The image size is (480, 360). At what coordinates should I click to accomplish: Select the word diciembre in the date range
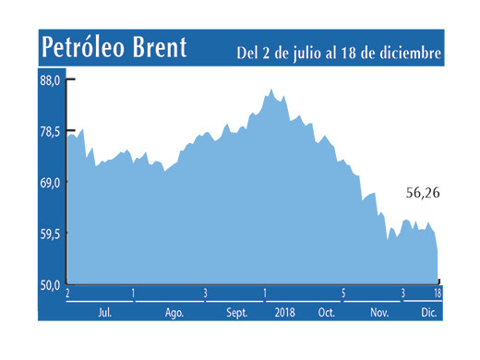(x=406, y=52)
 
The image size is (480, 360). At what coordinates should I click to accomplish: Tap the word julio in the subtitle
(x=304, y=52)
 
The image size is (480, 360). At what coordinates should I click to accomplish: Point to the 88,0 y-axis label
(x=50, y=80)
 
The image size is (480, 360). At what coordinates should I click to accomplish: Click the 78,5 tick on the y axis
(x=50, y=132)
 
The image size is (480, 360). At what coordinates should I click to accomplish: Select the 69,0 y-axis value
(x=50, y=183)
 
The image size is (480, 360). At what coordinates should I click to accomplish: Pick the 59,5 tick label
(x=50, y=234)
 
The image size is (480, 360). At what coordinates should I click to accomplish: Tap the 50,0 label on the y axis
(x=50, y=284)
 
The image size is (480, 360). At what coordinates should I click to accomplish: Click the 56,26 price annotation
(x=424, y=193)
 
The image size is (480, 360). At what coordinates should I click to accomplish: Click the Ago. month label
(x=174, y=312)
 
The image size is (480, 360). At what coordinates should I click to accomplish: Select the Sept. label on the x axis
(x=237, y=312)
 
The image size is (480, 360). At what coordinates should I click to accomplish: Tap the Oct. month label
(x=326, y=312)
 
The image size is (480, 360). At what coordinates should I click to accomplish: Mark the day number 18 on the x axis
(x=437, y=294)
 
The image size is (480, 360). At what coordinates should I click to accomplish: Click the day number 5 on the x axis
(x=342, y=294)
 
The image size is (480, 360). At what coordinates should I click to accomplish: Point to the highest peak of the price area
(x=270, y=90)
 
